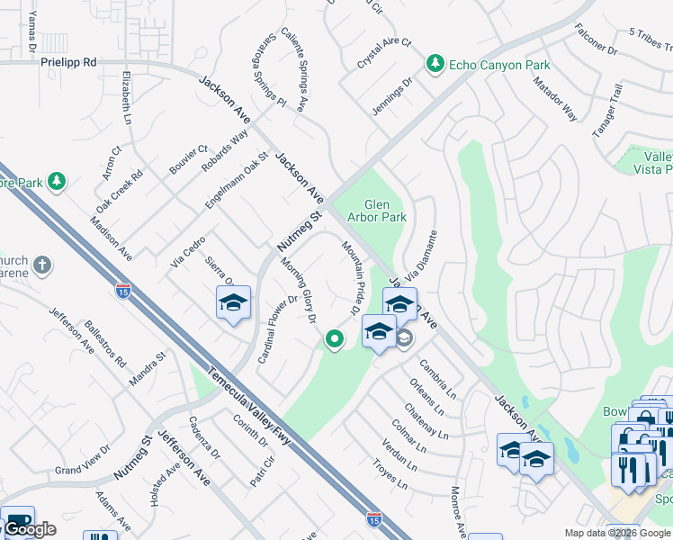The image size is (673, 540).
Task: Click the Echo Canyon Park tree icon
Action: click(435, 63)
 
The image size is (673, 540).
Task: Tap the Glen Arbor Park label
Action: click(378, 211)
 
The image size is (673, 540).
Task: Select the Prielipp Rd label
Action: click(67, 63)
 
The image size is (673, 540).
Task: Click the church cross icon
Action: click(41, 266)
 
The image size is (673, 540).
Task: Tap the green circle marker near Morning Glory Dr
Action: click(334, 339)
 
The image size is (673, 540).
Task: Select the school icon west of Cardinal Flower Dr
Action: click(233, 302)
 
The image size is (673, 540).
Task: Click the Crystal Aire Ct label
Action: click(383, 54)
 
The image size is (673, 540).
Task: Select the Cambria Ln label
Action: click(437, 381)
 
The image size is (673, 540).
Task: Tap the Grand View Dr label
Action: click(82, 469)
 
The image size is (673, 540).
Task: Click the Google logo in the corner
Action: click(29, 529)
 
